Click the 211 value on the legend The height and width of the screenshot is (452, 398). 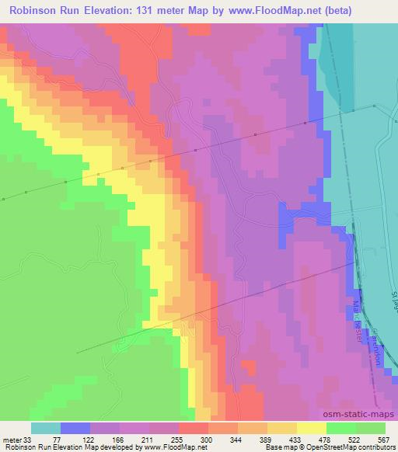click(162, 439)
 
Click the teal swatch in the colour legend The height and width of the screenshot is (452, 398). click(46, 428)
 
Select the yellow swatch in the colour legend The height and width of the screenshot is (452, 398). click(311, 428)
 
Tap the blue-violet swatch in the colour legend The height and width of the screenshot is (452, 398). click(75, 428)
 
